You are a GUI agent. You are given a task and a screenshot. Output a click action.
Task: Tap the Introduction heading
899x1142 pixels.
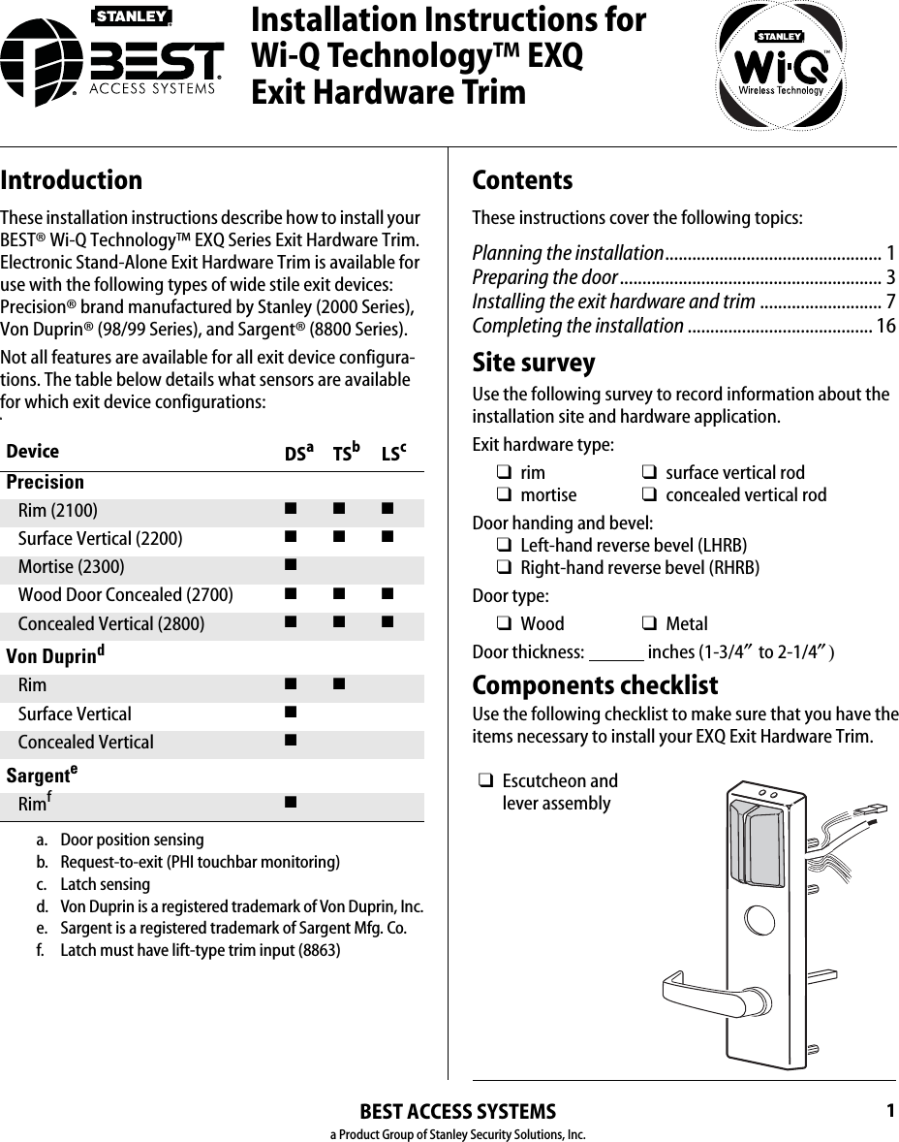click(x=72, y=180)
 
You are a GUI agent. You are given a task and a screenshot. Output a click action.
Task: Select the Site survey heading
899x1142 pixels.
click(x=534, y=363)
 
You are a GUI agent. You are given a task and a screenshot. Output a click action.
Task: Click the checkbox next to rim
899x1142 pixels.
click(x=505, y=473)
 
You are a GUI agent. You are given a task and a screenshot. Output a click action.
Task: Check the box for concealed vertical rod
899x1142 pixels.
click(x=649, y=495)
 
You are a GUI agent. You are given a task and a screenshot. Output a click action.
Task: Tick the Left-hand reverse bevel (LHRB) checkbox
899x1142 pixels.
click(x=505, y=546)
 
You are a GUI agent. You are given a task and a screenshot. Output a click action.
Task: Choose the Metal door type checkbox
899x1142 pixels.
click(x=649, y=624)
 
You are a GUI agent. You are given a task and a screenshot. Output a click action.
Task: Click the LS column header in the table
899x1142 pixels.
click(x=392, y=453)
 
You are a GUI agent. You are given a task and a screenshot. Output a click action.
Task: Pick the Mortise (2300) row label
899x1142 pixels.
click(x=71, y=567)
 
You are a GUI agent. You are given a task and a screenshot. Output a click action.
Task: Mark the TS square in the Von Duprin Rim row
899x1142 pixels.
click(x=337, y=684)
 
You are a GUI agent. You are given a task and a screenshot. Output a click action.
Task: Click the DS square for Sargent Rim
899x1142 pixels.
click(x=290, y=802)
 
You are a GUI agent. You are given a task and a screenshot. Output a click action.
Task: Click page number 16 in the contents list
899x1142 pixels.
click(x=885, y=326)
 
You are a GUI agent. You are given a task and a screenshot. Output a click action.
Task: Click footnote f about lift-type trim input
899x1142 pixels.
click(x=200, y=950)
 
